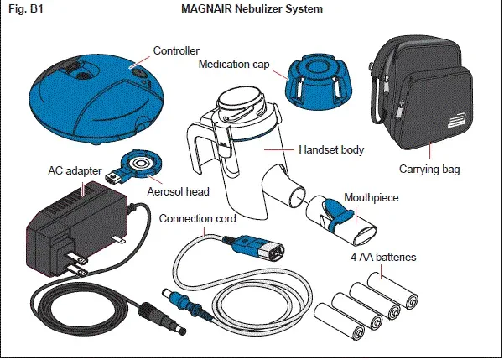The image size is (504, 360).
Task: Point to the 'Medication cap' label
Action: coord(235,64)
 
